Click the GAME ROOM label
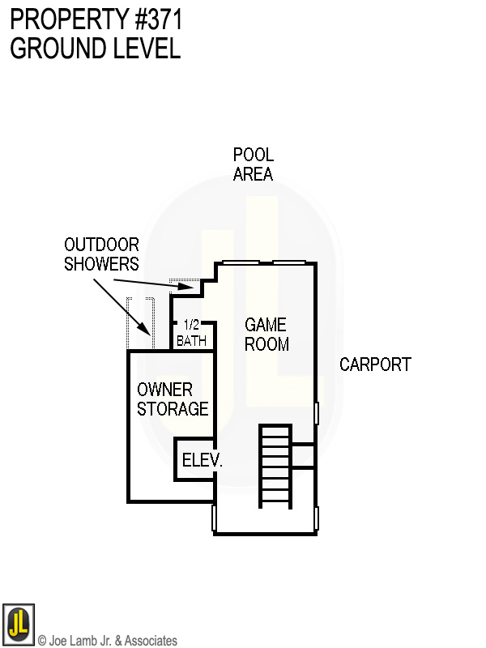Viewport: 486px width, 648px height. pos(266,334)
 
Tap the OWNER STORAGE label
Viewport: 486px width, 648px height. pos(173,399)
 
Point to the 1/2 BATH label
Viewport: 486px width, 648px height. pos(191,334)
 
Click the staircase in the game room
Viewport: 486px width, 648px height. pos(275,466)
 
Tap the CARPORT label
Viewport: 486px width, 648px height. pos(375,364)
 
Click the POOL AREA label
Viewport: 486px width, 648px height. pos(253,164)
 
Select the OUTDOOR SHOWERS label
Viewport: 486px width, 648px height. pos(101,254)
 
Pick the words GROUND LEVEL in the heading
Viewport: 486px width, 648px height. pos(95,48)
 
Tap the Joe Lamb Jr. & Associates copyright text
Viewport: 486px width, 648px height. pos(107,641)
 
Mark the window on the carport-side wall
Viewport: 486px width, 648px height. pos(317,413)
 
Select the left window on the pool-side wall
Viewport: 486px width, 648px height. pos(241,262)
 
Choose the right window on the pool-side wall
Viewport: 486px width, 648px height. pos(288,262)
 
